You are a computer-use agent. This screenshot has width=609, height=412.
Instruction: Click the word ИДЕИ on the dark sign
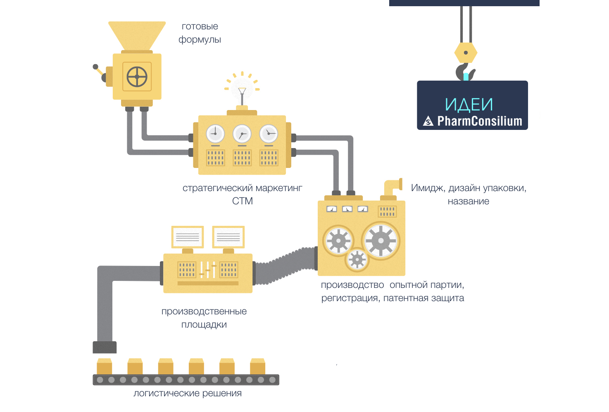[x=469, y=105]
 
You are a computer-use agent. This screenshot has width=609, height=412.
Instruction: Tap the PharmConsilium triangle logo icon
[x=428, y=121]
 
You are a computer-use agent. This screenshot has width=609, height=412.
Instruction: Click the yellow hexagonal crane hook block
[x=466, y=53]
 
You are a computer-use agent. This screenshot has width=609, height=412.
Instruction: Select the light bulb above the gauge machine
[x=242, y=87]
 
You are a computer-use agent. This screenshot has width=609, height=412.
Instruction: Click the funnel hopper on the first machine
[x=137, y=35]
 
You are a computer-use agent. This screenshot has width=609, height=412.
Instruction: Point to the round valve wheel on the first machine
[x=137, y=77]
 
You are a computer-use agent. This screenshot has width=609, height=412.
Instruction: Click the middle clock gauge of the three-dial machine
[x=242, y=134]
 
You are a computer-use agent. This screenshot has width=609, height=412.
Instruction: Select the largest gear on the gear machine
[x=381, y=240]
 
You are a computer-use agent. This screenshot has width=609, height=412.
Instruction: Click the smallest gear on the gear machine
[x=357, y=260]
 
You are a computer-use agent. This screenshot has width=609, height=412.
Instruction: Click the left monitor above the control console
[x=187, y=237]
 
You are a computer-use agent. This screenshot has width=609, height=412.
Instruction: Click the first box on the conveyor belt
[x=104, y=366]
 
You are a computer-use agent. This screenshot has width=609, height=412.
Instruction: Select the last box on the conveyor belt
[x=257, y=366]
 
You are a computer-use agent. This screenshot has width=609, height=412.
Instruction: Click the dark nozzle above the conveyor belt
[x=105, y=347]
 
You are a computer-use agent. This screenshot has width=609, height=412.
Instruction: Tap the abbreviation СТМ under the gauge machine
[x=243, y=201]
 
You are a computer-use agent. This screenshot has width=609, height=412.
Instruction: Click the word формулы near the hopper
[x=200, y=40]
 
